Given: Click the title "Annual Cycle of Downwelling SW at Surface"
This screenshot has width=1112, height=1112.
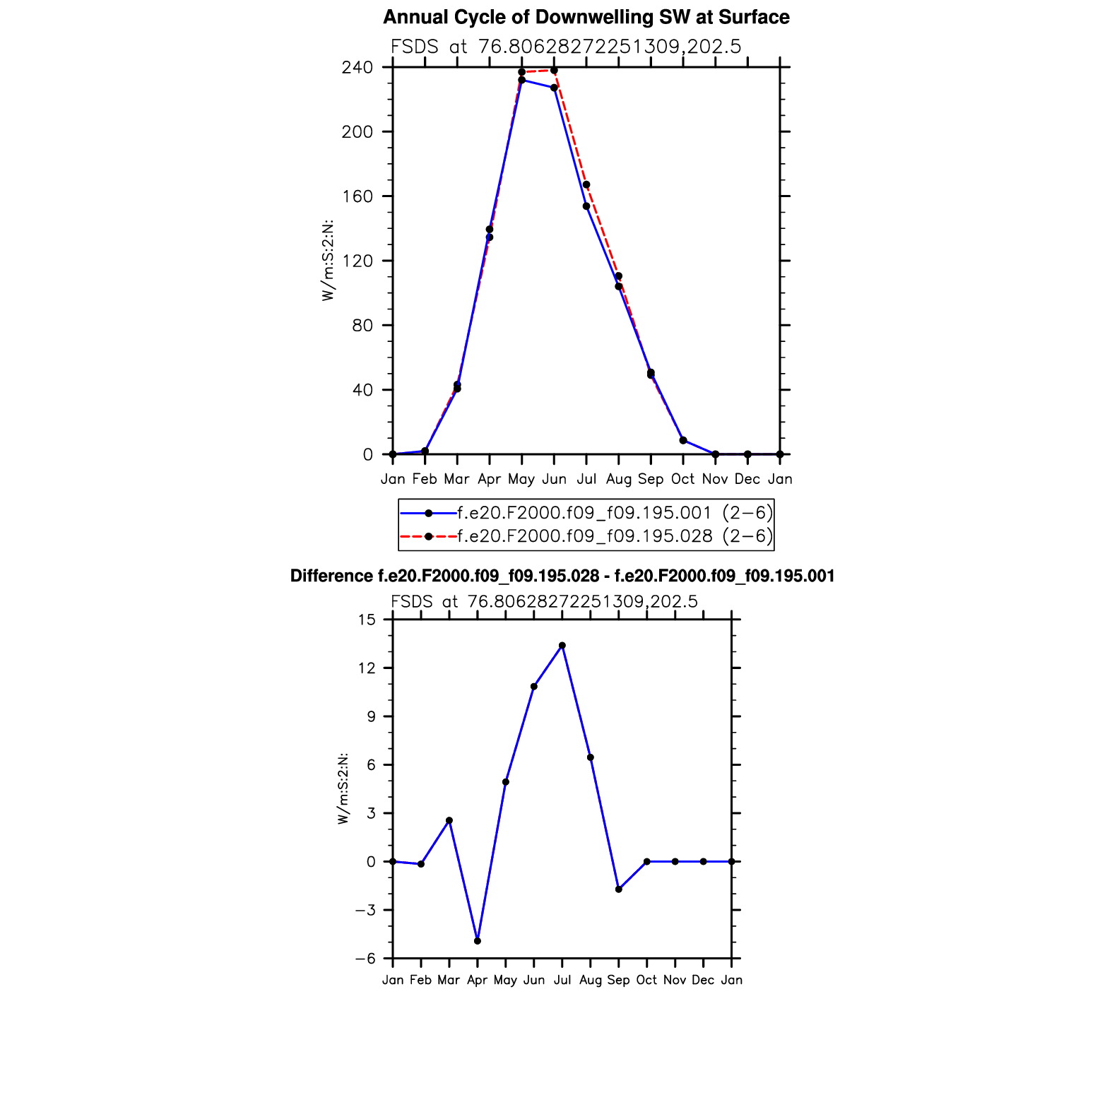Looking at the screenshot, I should (x=586, y=18).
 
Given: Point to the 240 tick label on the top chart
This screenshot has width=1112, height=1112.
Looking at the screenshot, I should (x=357, y=68).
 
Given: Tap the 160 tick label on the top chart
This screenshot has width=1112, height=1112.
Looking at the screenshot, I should (x=357, y=196).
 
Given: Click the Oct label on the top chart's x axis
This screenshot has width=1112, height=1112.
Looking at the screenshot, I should (x=682, y=479).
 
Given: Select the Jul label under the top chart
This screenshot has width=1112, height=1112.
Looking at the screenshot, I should (x=586, y=479).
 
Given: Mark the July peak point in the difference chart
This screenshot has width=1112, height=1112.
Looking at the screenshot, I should (x=562, y=645).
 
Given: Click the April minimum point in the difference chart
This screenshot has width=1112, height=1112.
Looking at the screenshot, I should (x=478, y=941).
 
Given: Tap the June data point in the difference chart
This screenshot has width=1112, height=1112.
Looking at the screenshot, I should (x=534, y=687).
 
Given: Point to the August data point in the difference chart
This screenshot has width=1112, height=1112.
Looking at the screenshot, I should (x=591, y=757).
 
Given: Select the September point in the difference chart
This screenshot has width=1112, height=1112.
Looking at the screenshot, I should (x=619, y=889).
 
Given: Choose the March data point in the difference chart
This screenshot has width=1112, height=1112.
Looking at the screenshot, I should (x=449, y=820).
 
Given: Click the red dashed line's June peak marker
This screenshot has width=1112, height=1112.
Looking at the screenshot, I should (x=554, y=71).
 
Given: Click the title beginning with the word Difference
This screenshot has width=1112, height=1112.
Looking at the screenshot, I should (x=562, y=576).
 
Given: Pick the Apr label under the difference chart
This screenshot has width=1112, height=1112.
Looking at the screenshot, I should (x=478, y=980).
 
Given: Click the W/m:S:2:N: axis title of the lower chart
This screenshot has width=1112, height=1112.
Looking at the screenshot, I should (x=343, y=788).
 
